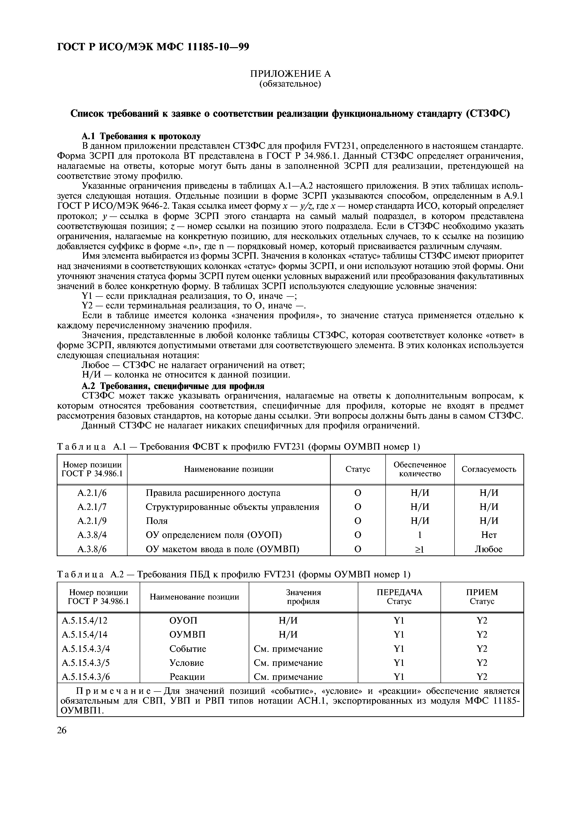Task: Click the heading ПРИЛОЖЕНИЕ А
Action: pos(290,74)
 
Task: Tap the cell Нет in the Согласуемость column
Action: pos(489,535)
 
